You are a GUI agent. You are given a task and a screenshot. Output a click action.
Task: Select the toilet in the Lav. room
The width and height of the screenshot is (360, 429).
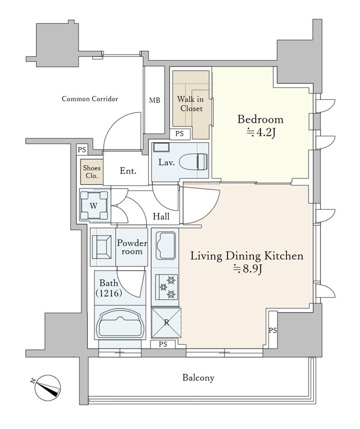click(193, 162)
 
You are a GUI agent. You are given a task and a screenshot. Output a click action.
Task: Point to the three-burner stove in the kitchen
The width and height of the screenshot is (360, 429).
click(167, 287)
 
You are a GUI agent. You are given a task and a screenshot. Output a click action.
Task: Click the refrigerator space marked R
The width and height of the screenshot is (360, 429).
click(166, 323)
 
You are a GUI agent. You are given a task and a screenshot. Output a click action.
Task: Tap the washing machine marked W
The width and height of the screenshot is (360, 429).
click(94, 205)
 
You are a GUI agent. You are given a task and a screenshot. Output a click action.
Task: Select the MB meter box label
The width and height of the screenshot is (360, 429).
click(154, 100)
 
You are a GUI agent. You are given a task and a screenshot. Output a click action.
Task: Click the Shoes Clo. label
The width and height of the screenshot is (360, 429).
click(92, 172)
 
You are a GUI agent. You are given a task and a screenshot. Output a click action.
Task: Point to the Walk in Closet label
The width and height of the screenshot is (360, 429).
click(191, 103)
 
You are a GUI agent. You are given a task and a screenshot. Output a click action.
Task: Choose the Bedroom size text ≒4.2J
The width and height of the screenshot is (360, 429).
click(260, 133)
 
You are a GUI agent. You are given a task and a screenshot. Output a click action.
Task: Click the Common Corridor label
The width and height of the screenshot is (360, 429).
click(90, 99)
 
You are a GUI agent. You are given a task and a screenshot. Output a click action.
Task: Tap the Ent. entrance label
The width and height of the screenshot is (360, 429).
click(128, 171)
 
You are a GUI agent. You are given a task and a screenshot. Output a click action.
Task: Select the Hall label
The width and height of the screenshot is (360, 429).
click(161, 217)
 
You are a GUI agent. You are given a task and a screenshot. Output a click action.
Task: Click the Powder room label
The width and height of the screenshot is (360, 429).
click(132, 247)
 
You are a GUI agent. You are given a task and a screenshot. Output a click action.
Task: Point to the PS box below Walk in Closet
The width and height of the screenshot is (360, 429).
click(179, 134)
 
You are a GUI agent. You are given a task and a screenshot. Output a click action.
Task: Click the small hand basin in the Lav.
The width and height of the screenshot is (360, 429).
click(161, 147)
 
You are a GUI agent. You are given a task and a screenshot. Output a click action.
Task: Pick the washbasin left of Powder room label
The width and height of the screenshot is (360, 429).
click(102, 247)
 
